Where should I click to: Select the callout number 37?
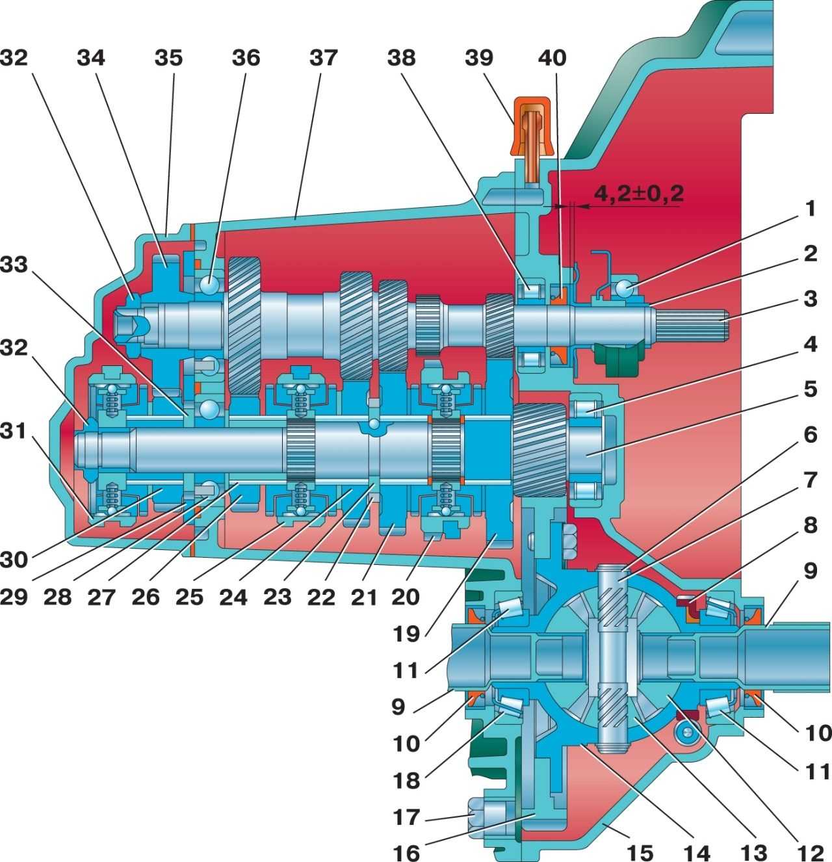pyautogui.click(x=323, y=58)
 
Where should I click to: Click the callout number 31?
pyautogui.click(x=14, y=430)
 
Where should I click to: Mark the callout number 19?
pyautogui.click(x=406, y=633)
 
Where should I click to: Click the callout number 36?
pyautogui.click(x=246, y=58)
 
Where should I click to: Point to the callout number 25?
pyautogui.click(x=190, y=595)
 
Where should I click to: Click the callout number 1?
pyautogui.click(x=809, y=209)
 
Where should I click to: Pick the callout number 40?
pyautogui.click(x=552, y=58)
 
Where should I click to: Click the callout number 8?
pyautogui.click(x=809, y=525)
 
